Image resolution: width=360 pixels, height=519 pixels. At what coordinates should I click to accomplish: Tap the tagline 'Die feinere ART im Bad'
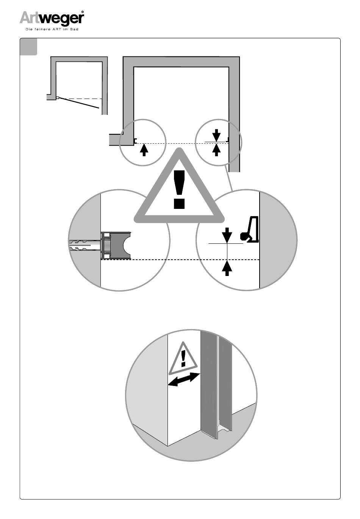coord(52,29)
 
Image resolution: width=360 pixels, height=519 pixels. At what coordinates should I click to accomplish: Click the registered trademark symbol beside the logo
coord(82,12)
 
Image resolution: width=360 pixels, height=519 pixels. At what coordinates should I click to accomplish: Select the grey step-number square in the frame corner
coord(28,47)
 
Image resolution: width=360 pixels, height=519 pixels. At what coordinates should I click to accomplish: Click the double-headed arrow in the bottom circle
coord(183,379)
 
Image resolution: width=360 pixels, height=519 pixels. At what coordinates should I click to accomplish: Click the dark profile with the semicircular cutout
coord(121,245)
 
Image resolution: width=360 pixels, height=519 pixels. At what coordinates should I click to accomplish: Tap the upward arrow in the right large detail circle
coord(227,268)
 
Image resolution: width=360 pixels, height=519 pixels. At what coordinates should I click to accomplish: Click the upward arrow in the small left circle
coord(144,150)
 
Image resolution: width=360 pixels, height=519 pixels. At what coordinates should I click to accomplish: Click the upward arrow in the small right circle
coord(216,150)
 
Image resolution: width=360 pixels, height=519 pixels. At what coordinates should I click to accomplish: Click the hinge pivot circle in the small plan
coord(57,98)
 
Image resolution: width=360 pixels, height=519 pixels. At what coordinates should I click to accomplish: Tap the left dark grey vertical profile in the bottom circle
coord(208,383)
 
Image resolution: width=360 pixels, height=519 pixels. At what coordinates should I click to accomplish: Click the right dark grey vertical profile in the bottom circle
coord(225,383)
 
